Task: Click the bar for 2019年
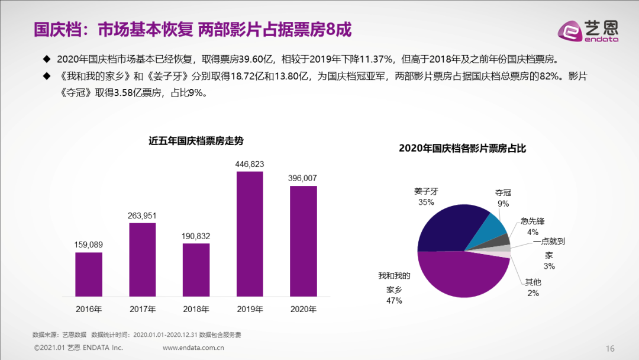[x=250, y=234]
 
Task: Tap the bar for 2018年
[x=196, y=270]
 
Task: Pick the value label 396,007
[x=303, y=178]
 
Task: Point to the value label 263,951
[x=143, y=215]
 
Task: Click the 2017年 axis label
[x=143, y=309]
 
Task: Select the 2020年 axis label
[x=303, y=309]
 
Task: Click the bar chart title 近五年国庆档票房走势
[x=196, y=141]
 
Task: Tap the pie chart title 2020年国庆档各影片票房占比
[x=462, y=149]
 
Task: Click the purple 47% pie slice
[x=461, y=278]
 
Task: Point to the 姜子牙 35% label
[x=426, y=197]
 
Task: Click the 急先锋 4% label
[x=532, y=226]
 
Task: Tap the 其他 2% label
[x=532, y=288]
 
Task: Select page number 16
[x=610, y=348]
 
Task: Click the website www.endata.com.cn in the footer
[x=193, y=348]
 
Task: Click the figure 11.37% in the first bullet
[x=371, y=60]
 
